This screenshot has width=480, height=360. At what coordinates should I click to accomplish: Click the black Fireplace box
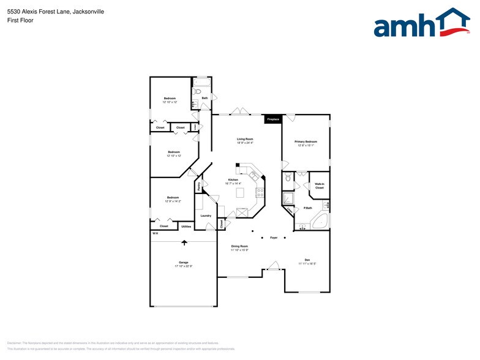tap(273, 119)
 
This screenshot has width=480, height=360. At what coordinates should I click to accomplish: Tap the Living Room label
tap(245, 139)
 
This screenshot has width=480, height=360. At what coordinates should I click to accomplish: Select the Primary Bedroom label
tap(306, 141)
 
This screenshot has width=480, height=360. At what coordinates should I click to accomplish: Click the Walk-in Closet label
tap(319, 186)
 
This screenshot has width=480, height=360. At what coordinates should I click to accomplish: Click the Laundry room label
tap(206, 215)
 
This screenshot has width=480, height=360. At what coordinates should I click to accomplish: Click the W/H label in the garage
tap(155, 234)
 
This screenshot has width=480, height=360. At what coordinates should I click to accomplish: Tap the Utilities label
tap(186, 227)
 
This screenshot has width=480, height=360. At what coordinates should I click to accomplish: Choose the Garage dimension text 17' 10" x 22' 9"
tap(183, 266)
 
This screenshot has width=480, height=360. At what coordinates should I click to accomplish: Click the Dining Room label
tap(239, 246)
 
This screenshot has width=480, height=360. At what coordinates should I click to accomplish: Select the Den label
tap(307, 260)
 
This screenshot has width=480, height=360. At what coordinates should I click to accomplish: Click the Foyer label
tap(274, 238)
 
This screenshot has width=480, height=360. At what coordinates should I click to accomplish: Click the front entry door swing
tap(274, 266)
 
